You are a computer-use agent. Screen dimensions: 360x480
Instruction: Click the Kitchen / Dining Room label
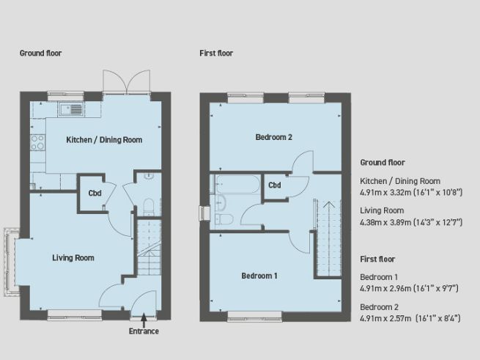104,140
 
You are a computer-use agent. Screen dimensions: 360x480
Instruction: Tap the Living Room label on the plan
73,258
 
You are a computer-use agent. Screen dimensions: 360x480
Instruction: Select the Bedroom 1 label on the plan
260,276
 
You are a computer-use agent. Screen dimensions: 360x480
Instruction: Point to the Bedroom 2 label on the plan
273,137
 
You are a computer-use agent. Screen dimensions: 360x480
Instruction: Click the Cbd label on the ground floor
95,194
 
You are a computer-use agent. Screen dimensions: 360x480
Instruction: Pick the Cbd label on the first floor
275,185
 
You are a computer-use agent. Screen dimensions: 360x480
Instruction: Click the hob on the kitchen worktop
37,142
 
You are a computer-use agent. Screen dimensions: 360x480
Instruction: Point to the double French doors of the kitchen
128,83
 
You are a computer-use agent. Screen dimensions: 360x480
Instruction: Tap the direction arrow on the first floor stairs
328,206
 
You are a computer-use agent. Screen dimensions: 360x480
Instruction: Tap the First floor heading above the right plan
216,54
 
